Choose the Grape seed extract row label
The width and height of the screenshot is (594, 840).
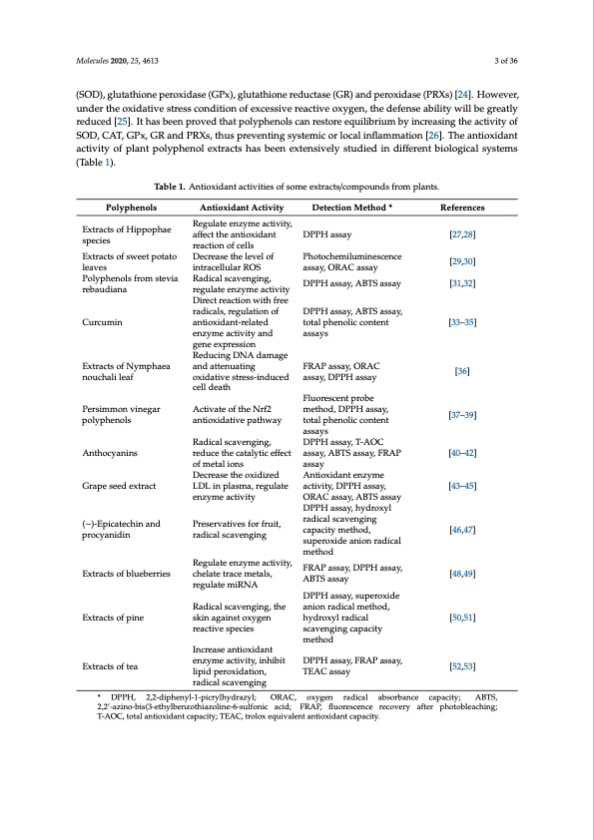point(117,487)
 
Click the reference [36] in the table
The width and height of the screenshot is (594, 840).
point(461,371)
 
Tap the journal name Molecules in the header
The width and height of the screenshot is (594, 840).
point(95,61)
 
